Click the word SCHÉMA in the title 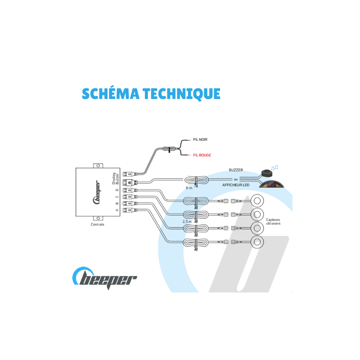coord(110,93)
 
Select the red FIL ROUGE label coord(202,155)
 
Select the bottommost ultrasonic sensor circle coord(258,242)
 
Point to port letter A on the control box coord(117,209)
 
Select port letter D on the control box coord(117,190)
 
